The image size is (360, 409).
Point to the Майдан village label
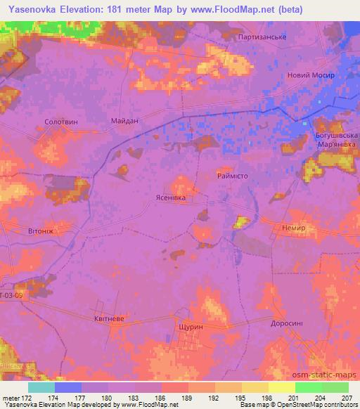tap(124, 120)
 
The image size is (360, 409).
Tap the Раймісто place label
tap(232, 177)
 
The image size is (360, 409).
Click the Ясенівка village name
tap(170, 199)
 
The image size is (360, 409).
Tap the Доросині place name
tap(287, 324)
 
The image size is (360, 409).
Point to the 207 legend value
tap(348, 398)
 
